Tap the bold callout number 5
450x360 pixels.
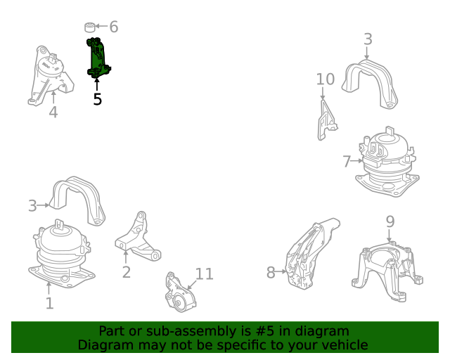(x=98, y=99)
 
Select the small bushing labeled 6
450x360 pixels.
(x=90, y=27)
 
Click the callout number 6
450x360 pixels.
(x=114, y=27)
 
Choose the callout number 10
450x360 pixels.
(x=326, y=79)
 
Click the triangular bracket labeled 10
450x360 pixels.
(x=326, y=120)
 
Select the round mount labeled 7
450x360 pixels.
(x=387, y=162)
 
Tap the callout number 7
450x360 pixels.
(x=347, y=161)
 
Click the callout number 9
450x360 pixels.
(x=390, y=221)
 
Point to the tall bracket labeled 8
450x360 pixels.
(x=311, y=254)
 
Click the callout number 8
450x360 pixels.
(x=271, y=272)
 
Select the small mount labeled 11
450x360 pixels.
(x=180, y=292)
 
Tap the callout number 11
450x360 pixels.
(x=205, y=274)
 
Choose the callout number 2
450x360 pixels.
(x=127, y=272)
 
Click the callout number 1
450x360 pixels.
(x=50, y=303)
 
